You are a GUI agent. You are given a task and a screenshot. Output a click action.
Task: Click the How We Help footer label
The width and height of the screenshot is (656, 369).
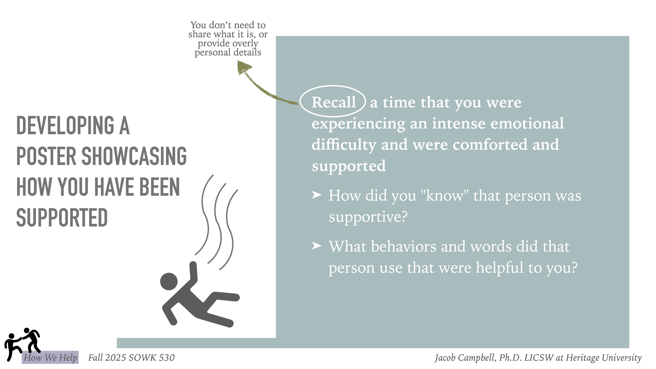[50, 358]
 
